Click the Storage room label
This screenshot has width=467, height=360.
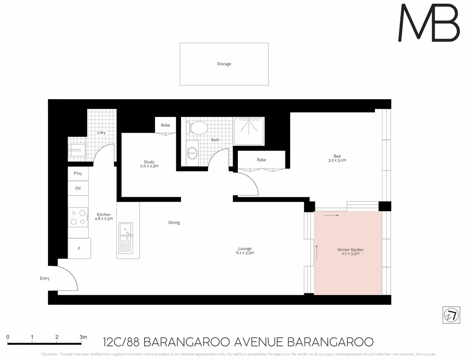tap(224, 64)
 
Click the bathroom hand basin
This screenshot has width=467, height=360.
tap(192, 154)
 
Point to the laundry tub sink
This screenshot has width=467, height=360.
tap(77, 150)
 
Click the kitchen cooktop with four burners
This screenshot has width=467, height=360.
tap(78, 217)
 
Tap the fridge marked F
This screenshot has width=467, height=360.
tap(79, 248)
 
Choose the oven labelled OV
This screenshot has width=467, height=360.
tap(78, 188)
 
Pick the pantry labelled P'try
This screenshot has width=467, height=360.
tap(78, 174)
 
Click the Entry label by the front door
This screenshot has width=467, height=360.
tap(44, 278)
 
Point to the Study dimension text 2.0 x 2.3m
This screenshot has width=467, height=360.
tap(149, 166)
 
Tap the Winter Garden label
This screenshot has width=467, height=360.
tap(350, 250)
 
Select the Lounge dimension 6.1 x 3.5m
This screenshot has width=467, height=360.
tap(245, 253)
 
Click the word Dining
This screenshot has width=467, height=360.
tap(174, 223)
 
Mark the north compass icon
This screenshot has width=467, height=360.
tap(451, 315)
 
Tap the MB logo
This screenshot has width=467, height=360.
tap(429, 23)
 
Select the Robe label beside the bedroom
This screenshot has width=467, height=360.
tap(262, 160)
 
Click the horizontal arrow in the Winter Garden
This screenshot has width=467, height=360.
tap(331, 215)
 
